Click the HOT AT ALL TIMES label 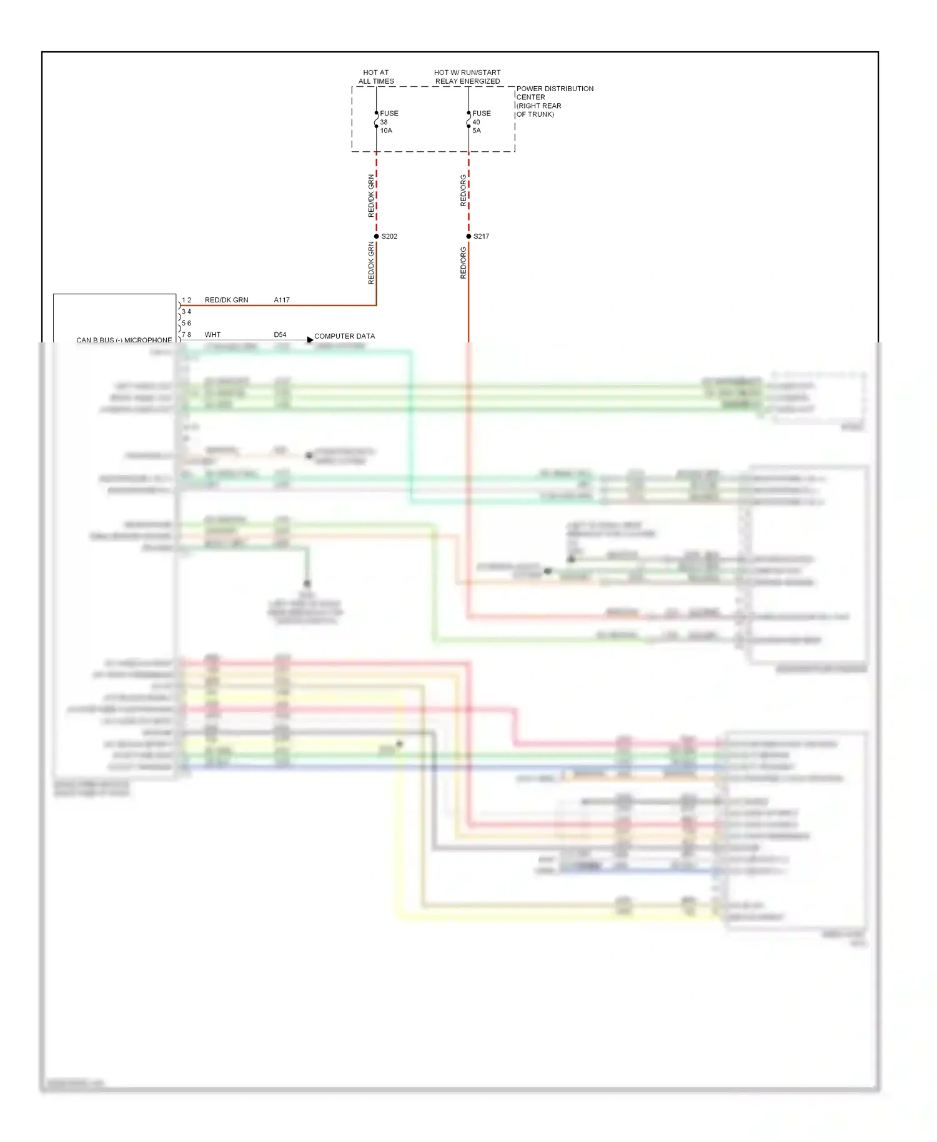[376, 77]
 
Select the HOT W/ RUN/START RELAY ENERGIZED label [467, 77]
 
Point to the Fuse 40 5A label [481, 122]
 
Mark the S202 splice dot [376, 236]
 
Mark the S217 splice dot [468, 236]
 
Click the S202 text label [389, 236]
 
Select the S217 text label [482, 236]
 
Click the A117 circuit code [282, 300]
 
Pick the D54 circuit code [280, 335]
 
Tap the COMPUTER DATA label [344, 336]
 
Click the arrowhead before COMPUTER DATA [310, 340]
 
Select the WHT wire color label [212, 335]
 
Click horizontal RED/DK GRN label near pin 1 [226, 300]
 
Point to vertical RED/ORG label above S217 [463, 191]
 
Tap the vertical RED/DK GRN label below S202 [371, 264]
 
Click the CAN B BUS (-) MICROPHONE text [124, 340]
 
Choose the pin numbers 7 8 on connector [186, 335]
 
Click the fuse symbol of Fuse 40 [468, 120]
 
